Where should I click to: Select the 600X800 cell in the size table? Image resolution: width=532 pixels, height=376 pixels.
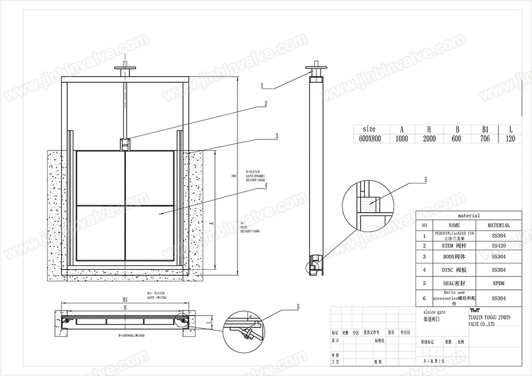tap(370, 139)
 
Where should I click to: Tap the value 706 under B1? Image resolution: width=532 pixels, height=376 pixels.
tap(484, 139)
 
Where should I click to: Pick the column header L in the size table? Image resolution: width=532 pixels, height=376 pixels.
tap(510, 129)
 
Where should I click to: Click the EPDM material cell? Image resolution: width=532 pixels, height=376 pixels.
tap(498, 284)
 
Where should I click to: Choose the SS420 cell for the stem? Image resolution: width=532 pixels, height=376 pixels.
tap(498, 245)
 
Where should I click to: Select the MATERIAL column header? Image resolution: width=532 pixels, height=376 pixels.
tap(498, 225)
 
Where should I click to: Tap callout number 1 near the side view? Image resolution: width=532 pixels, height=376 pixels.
tap(263, 86)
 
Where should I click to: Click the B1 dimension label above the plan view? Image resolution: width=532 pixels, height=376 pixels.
tap(125, 300)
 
